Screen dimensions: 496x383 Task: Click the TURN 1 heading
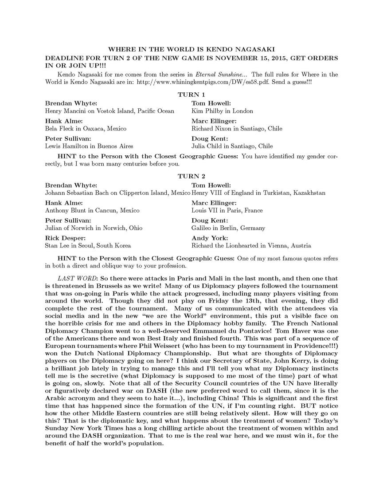coord(191,94)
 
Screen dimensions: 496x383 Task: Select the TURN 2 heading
coord(191,176)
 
